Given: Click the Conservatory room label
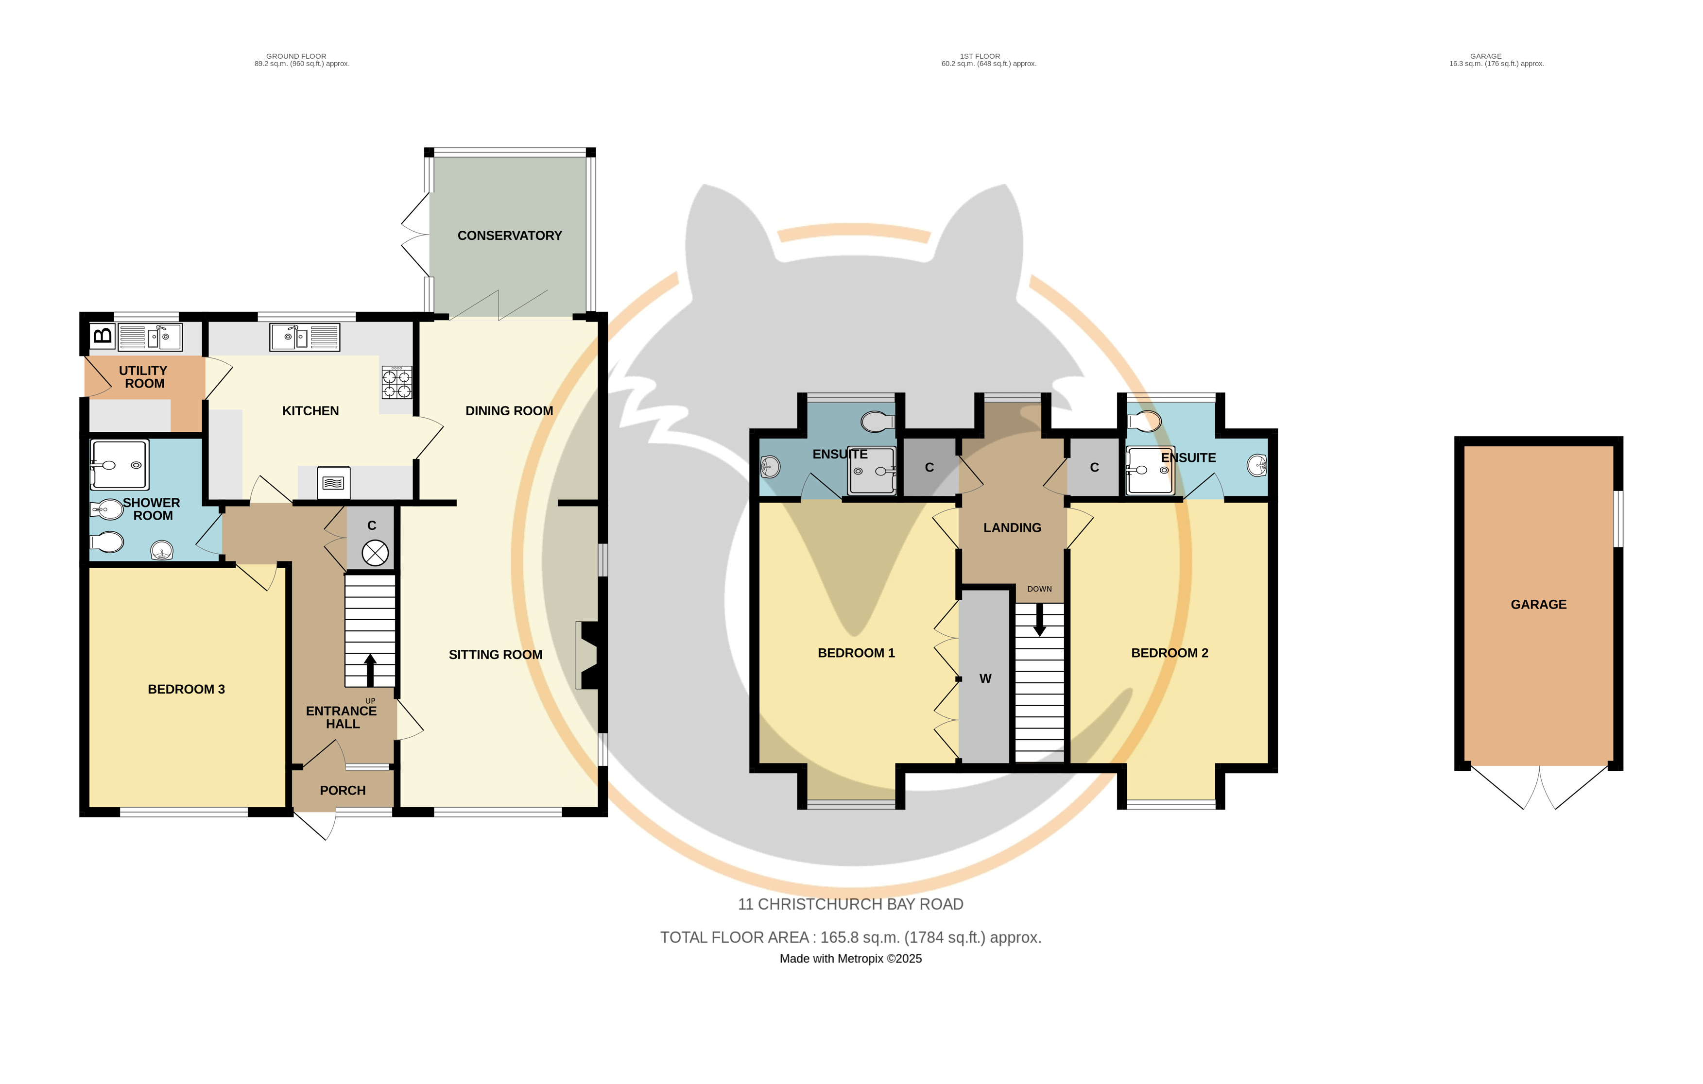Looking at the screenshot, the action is (x=509, y=236).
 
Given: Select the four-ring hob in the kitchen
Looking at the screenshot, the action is (x=397, y=383).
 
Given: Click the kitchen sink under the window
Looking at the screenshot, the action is (x=305, y=337).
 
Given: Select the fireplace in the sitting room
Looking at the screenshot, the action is (x=588, y=655).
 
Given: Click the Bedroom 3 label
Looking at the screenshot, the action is (x=186, y=690).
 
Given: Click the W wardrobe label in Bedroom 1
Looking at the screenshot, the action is (x=985, y=679).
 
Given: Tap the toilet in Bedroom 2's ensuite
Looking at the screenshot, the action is (x=1144, y=422).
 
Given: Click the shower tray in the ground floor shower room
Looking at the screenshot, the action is (x=120, y=465).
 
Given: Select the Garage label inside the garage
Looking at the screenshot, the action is (x=1538, y=605).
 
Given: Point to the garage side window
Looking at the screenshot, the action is (x=1618, y=518).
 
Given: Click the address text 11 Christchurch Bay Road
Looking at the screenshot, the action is (x=850, y=904).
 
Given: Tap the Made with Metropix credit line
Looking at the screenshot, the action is (x=851, y=959).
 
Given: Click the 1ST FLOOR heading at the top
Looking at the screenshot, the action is (x=980, y=56).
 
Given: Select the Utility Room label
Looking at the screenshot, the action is (x=143, y=377).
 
